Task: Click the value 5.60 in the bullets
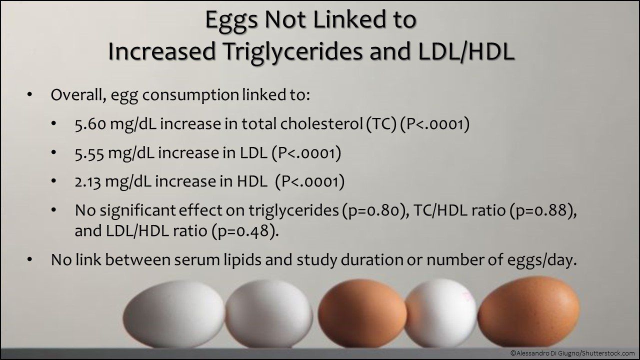[x=89, y=124]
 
